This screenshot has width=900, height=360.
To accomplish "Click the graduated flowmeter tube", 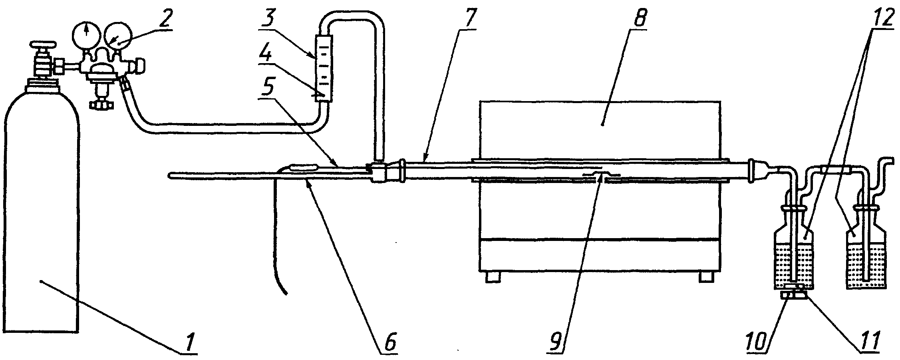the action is pos(324,69).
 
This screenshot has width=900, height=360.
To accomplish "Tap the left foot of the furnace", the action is pos(493,277).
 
